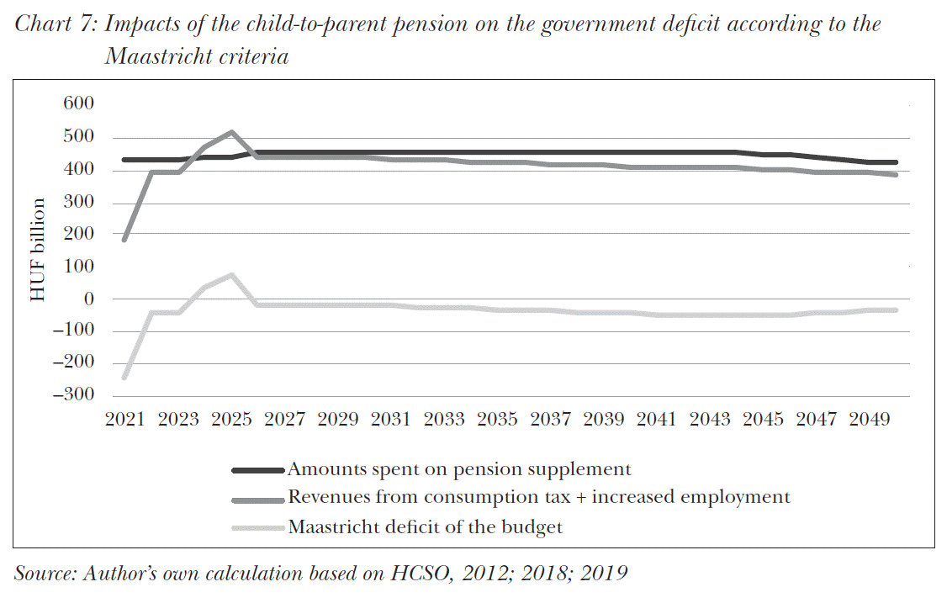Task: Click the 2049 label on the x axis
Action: [870, 419]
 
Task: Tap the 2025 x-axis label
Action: [231, 419]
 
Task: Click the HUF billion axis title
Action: [40, 250]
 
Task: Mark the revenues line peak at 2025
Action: [231, 132]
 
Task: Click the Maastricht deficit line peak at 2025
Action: [231, 275]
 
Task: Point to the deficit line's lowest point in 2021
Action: [124, 377]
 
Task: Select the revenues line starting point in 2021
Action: [124, 240]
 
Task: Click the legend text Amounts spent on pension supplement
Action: [459, 469]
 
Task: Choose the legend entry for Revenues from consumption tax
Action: [538, 497]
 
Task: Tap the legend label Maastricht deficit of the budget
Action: [425, 528]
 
